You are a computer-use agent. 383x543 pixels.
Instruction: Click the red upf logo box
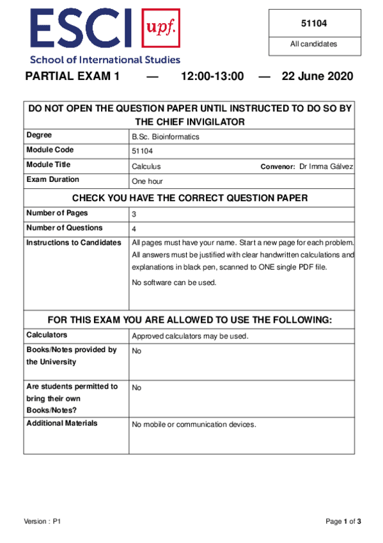(160, 29)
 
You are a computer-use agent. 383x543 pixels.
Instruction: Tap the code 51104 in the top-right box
(315, 24)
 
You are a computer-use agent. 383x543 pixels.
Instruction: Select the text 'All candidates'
(314, 44)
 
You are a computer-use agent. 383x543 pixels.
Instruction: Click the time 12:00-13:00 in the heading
(212, 77)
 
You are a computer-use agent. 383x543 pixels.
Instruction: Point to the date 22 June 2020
(317, 77)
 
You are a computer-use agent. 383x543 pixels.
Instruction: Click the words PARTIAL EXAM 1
(72, 77)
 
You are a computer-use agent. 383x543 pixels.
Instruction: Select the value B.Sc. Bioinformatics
(165, 136)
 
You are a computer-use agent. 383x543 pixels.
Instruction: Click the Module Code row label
(50, 150)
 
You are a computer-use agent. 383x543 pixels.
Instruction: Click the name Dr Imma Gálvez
(325, 166)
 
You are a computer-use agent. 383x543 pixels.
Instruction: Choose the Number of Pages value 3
(134, 215)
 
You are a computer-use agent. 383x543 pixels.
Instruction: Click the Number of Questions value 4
(134, 229)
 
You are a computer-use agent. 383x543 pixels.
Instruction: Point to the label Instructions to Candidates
(74, 243)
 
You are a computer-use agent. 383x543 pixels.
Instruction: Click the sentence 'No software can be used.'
(174, 282)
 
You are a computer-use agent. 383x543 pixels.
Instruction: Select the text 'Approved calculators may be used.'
(190, 336)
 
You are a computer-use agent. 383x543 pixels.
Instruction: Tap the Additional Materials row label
(62, 423)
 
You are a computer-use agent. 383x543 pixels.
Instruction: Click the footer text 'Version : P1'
(42, 522)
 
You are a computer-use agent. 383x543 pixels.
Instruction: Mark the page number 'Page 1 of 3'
(343, 522)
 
